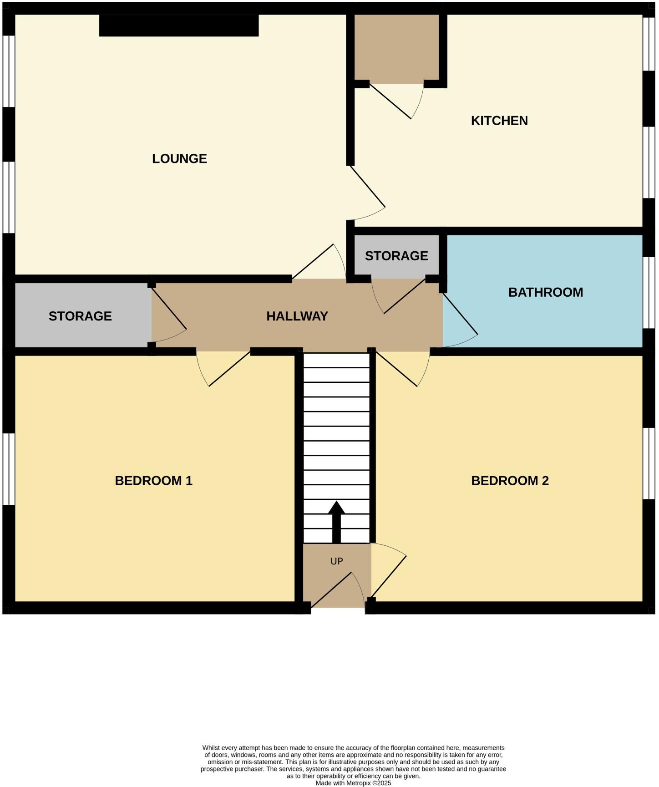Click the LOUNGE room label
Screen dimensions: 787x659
[179, 158]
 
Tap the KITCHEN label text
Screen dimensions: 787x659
[499, 121]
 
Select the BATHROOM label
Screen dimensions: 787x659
[545, 292]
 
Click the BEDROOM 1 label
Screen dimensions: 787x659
[153, 481]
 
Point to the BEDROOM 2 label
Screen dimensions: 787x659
[509, 481]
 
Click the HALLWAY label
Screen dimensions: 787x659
[297, 316]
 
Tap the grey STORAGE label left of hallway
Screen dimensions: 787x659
[80, 316]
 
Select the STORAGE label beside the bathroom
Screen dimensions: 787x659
[396, 256]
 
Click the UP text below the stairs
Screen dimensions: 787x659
[336, 561]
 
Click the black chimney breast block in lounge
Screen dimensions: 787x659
[178, 25]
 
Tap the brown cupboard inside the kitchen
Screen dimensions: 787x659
[396, 48]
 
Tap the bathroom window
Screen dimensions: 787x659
[648, 293]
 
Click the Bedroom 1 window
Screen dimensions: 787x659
[9, 469]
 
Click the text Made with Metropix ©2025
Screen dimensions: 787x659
[353, 783]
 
